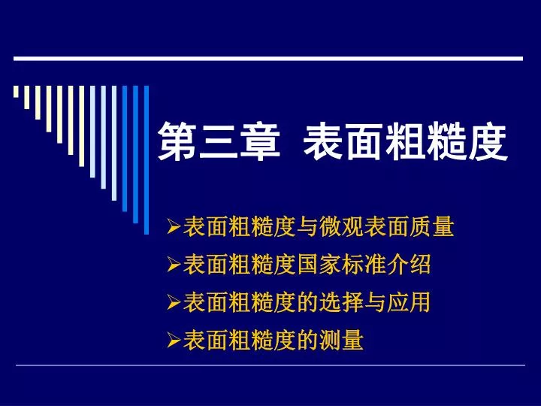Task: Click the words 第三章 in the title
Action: click(219, 141)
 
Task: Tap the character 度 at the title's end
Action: click(487, 141)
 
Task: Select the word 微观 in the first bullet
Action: click(341, 227)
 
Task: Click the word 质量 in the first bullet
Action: click(431, 227)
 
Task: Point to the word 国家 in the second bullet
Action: click(319, 265)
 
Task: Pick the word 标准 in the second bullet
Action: click(364, 265)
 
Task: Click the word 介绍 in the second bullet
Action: click(409, 265)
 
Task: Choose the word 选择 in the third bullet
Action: click(341, 302)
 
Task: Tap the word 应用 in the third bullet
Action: click(409, 302)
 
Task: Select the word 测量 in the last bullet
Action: click(341, 340)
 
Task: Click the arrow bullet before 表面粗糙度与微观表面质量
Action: click(174, 226)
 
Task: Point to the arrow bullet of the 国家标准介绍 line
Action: click(174, 265)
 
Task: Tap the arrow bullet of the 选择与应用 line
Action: click(174, 302)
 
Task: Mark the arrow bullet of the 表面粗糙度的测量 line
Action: click(174, 340)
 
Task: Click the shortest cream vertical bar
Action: click(16, 92)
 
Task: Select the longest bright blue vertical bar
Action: click(147, 160)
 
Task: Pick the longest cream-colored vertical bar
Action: click(81, 126)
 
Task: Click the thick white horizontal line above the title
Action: click(268, 59)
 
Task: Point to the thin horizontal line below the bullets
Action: click(270, 365)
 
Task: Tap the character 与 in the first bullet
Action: click(307, 227)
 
